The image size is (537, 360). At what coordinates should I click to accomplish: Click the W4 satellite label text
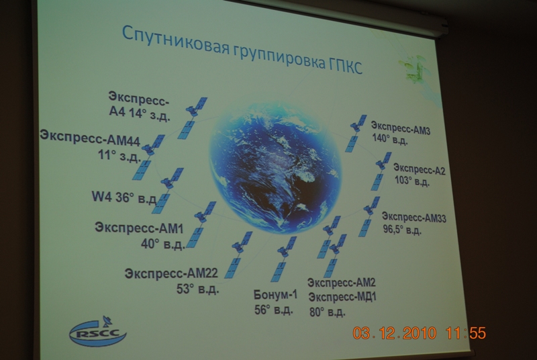tap(124, 197)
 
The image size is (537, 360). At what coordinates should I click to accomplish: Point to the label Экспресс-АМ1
tap(139, 228)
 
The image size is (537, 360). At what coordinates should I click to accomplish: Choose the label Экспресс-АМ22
tap(171, 273)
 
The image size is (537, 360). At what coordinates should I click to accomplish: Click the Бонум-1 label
tap(275, 295)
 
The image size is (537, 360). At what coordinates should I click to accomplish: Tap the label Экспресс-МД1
tap(342, 297)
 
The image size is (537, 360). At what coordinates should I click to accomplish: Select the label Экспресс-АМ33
tap(414, 217)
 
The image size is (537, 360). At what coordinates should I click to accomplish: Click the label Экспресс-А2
tap(419, 169)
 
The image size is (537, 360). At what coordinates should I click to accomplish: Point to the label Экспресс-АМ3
tap(401, 128)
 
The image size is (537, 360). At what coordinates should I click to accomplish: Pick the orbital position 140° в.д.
tap(390, 139)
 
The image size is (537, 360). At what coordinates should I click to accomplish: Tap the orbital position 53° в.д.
tap(197, 289)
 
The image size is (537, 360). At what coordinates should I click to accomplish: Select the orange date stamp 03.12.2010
tap(395, 333)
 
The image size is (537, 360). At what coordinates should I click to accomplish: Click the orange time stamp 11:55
tap(466, 333)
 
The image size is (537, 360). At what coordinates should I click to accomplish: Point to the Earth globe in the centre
tap(276, 168)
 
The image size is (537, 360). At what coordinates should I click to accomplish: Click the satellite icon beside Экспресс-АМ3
tap(356, 133)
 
